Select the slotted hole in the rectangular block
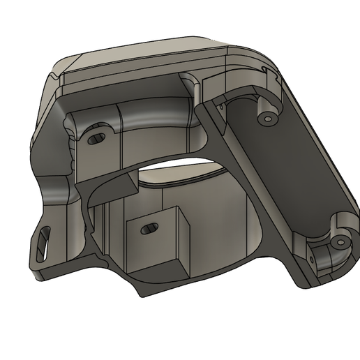pos(149,229)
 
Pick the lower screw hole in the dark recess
pos(340,241)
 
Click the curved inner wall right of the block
pos(223,223)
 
